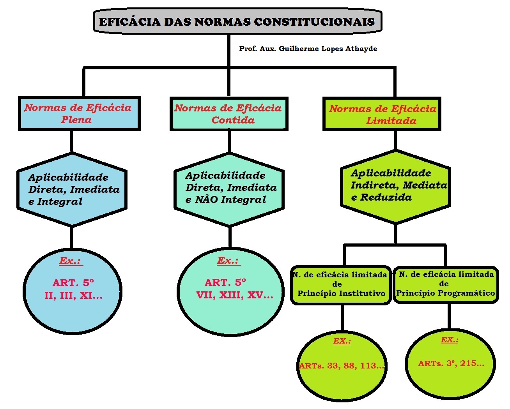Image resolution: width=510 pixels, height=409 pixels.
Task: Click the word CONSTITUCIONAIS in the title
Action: tap(314, 22)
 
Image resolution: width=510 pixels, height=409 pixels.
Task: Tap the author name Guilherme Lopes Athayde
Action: tap(328, 49)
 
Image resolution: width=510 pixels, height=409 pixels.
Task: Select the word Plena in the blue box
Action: tap(76, 120)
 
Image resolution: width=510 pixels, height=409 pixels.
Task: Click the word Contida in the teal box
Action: tap(233, 120)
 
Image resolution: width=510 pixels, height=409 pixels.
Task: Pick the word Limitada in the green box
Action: tap(391, 121)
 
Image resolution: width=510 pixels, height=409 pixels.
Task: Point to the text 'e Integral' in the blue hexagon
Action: tap(55, 201)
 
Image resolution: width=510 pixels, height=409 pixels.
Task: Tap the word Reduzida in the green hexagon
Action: tap(386, 197)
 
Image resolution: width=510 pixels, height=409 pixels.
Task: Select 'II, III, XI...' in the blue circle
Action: tap(73, 296)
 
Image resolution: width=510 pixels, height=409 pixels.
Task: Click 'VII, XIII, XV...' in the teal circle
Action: tap(235, 295)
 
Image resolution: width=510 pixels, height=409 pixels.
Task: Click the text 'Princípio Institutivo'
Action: tap(342, 293)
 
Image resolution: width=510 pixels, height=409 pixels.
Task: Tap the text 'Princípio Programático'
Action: tap(446, 293)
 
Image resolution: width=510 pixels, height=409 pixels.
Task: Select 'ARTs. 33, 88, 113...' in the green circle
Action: tap(342, 366)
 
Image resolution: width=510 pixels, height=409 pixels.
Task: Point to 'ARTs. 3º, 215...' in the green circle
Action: tap(451, 363)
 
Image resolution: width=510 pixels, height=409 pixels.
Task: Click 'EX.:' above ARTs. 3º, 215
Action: tap(449, 340)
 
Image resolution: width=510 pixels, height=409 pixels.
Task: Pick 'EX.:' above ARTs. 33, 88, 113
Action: tap(342, 341)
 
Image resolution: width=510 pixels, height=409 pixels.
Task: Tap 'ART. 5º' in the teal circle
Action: tap(225, 282)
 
